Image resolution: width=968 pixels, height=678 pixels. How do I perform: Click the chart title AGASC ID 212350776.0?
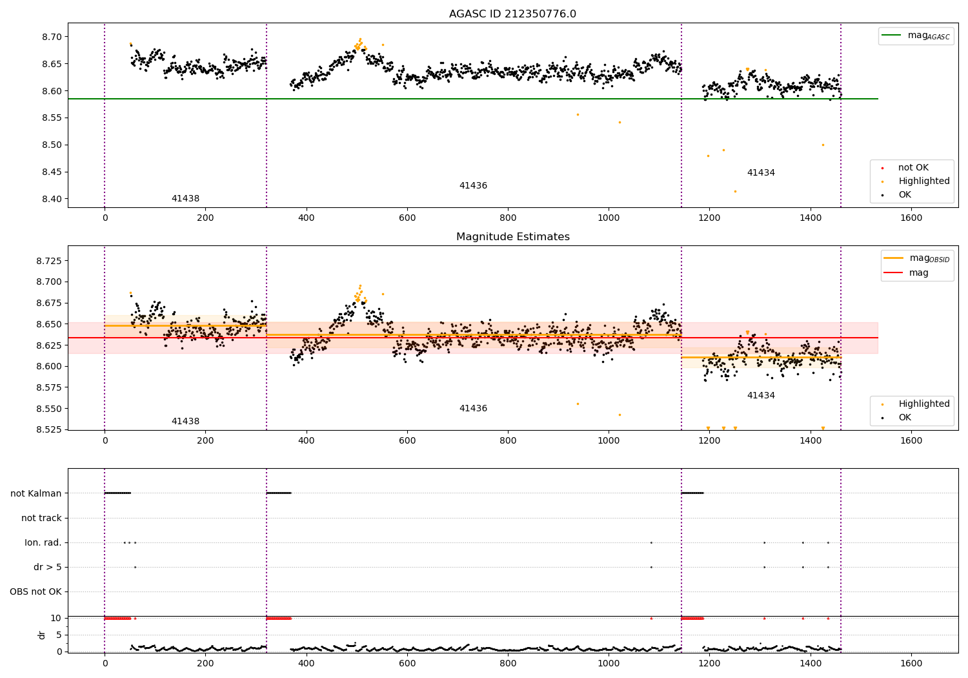[512, 14]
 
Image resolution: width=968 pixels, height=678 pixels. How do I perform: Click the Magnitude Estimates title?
[513, 236]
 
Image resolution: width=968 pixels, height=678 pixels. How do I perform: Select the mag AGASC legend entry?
[916, 36]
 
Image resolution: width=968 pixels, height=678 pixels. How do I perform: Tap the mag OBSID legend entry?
[916, 258]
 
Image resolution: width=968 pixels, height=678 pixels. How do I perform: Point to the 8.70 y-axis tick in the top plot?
[52, 37]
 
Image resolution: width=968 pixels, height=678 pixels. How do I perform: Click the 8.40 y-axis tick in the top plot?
[52, 199]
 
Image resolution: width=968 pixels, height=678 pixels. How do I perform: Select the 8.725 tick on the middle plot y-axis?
[49, 261]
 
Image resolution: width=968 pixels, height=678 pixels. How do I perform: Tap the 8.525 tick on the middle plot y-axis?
[49, 429]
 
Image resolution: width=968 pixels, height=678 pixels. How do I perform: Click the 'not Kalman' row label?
[36, 493]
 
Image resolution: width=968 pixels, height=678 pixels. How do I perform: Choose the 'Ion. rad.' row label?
[43, 542]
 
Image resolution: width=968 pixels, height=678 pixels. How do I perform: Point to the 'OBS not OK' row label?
[36, 591]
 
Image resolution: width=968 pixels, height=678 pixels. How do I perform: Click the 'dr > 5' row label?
[48, 567]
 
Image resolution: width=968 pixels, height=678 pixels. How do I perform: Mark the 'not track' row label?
[41, 518]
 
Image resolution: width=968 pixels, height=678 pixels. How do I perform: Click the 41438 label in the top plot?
[185, 198]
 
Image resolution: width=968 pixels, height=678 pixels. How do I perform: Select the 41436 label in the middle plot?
[473, 408]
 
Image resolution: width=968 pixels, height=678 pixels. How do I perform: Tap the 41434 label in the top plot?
[761, 172]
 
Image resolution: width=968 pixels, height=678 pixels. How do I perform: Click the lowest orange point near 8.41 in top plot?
[735, 192]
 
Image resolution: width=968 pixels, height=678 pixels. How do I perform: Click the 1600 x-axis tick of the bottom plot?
[911, 663]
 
